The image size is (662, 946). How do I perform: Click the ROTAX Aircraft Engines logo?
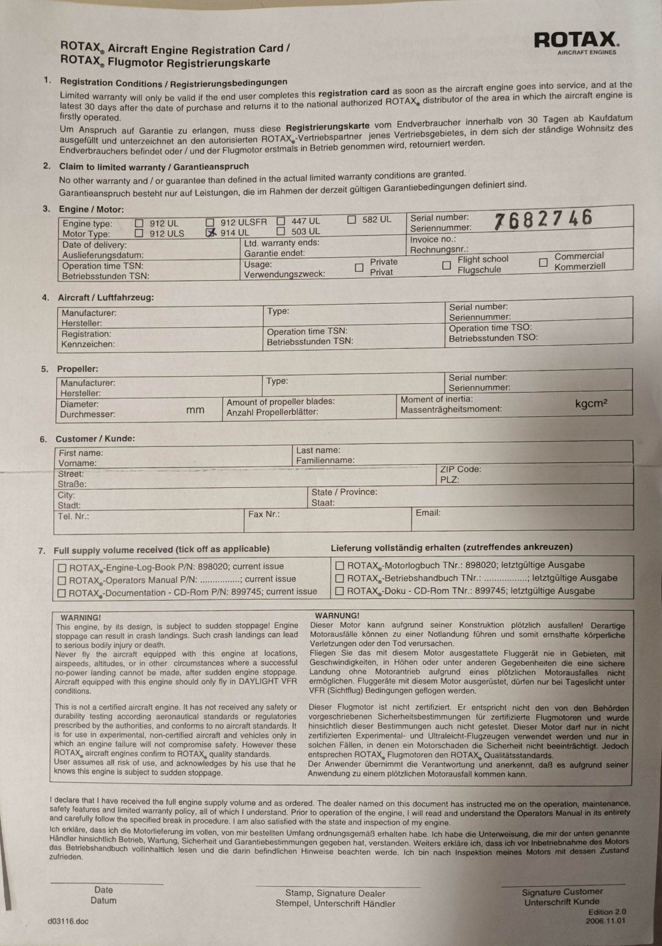point(576,42)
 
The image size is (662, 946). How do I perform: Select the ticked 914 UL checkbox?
point(210,233)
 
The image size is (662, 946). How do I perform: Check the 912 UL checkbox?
point(139,223)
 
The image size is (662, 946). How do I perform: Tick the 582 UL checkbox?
point(351,219)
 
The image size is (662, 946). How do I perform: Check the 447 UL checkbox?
point(281,221)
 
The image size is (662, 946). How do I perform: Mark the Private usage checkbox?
point(358,268)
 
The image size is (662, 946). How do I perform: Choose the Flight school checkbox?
point(446,265)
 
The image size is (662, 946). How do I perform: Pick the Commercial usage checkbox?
point(543,262)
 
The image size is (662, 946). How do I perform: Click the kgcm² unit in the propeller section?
point(591,404)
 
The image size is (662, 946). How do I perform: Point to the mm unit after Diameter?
point(195,410)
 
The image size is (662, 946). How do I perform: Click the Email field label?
point(428,513)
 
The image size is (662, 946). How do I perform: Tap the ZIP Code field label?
point(461,469)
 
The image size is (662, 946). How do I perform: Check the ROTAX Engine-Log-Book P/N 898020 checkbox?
point(62,568)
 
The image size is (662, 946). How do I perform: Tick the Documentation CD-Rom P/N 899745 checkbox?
point(61,593)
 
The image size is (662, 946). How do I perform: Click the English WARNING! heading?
point(81,617)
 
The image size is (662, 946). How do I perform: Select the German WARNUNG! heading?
point(337,615)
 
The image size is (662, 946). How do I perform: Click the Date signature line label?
point(103,890)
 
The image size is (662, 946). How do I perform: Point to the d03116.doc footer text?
point(69,921)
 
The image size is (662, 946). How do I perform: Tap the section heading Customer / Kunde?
point(95,439)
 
